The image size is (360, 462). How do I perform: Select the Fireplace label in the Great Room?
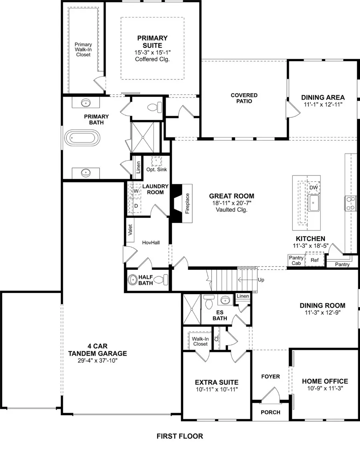187,204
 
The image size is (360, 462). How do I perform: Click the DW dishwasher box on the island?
314,187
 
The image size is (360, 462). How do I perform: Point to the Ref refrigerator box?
315,260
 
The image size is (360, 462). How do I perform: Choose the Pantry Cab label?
296,261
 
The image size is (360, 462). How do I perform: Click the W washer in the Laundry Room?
136,191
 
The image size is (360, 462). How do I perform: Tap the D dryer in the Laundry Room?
136,206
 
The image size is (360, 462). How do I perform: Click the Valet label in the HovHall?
130,231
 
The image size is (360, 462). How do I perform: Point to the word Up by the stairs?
261,280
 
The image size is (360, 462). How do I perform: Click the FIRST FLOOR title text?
180,436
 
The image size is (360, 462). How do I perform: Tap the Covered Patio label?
244,98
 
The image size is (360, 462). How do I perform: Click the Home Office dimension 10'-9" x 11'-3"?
325,388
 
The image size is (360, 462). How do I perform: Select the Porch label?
270,412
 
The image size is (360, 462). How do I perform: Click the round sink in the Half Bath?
132,280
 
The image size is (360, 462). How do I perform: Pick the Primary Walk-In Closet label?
83,50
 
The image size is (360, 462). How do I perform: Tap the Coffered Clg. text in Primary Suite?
152,59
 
